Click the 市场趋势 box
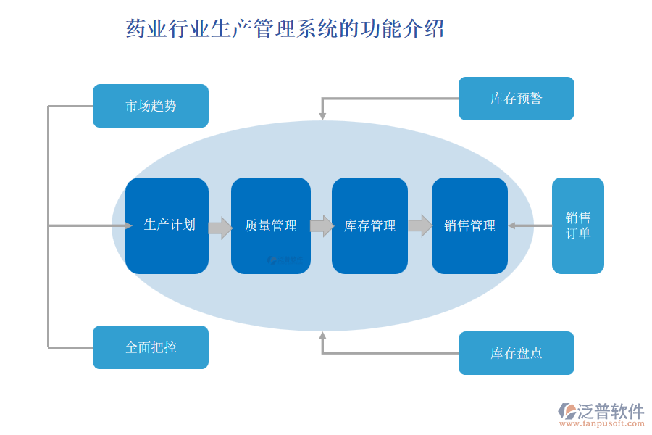tap(151, 106)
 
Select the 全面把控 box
tap(151, 347)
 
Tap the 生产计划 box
tap(167, 225)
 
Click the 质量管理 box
tap(271, 225)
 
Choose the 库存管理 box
tap(369, 225)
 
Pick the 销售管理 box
tap(469, 225)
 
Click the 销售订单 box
tap(577, 225)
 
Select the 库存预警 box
tap(516, 99)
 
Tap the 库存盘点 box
tap(516, 353)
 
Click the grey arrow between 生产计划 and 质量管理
tap(220, 228)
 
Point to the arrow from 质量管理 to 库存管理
tap(322, 226)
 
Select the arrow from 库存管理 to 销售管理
tap(420, 225)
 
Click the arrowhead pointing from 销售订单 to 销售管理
tap(511, 225)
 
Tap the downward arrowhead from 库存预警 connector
tap(322, 116)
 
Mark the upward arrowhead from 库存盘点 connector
tap(322, 336)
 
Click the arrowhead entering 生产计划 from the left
tap(128, 225)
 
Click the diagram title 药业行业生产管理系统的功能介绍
tap(285, 29)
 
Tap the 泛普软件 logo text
tap(610, 411)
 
